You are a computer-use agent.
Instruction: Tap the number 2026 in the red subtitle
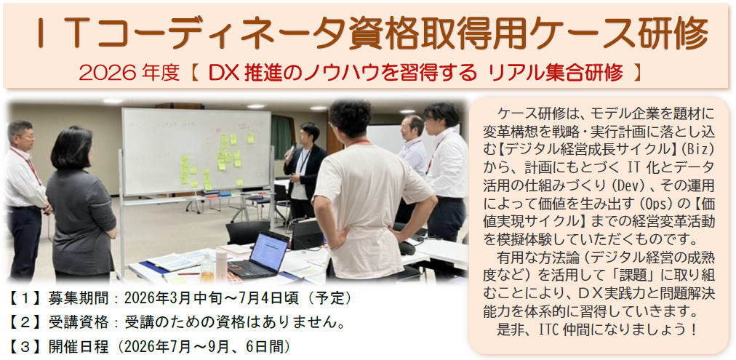pos(99,73)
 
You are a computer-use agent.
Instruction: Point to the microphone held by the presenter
pos(289,152)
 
